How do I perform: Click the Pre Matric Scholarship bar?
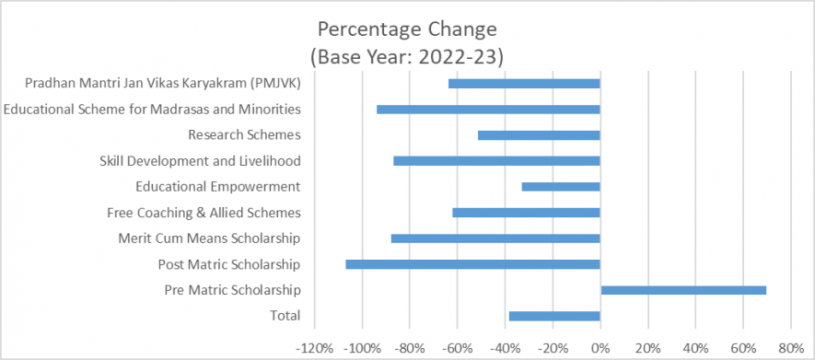click(683, 290)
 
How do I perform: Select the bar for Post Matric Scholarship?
click(472, 264)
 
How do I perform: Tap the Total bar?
click(554, 316)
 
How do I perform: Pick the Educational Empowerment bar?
click(561, 187)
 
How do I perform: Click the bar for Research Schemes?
click(539, 135)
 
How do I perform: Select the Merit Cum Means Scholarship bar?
click(495, 238)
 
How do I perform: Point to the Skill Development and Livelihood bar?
click(496, 161)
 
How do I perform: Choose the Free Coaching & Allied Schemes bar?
click(526, 213)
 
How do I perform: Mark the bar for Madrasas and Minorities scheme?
click(488, 110)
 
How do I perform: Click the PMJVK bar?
click(524, 84)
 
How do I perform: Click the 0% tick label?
click(600, 349)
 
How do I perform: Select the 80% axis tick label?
click(790, 349)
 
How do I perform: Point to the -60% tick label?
click(455, 349)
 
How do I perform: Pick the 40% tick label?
click(695, 349)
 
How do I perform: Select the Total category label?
click(285, 316)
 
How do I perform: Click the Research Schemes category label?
click(244, 135)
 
